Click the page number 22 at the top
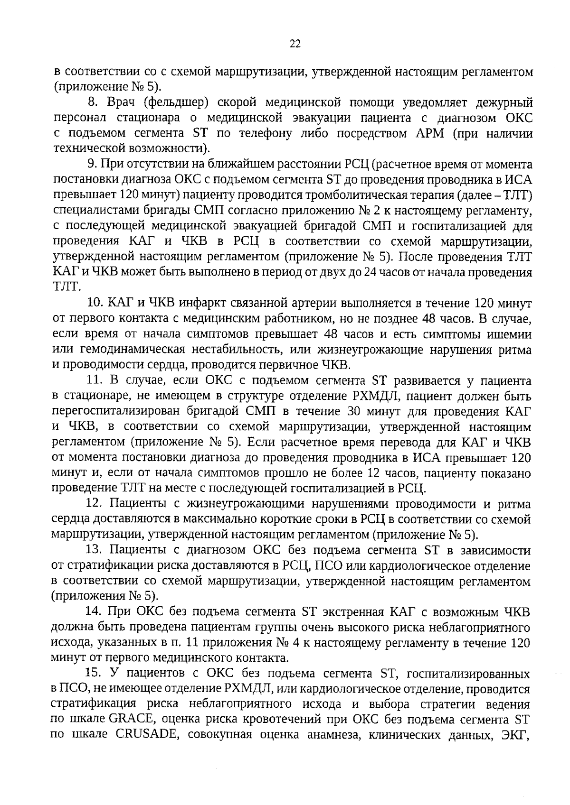click(x=294, y=44)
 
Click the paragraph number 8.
click(x=93, y=102)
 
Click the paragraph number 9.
click(x=91, y=165)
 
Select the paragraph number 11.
click(x=95, y=381)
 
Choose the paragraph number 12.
click(x=95, y=504)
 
